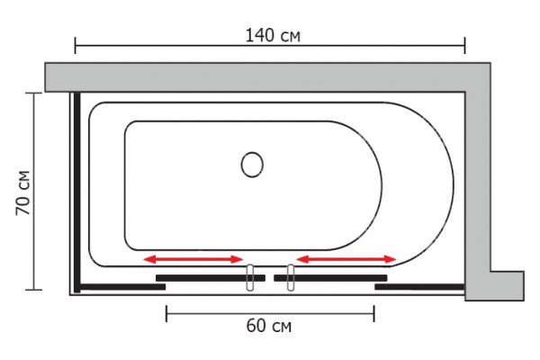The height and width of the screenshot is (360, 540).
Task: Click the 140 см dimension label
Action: [x=273, y=35]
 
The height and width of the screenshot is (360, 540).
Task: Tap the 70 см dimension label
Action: [x=23, y=193]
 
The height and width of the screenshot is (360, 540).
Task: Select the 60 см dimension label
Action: [x=268, y=326]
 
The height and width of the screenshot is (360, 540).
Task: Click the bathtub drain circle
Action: [x=252, y=165]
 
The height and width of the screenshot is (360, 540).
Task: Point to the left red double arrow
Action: [x=193, y=259]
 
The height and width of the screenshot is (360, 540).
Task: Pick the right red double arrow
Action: [x=346, y=259]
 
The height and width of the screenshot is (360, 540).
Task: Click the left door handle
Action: [x=250, y=278]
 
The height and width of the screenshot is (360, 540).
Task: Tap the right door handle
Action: [x=291, y=278]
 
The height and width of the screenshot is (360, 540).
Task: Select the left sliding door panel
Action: [x=211, y=278]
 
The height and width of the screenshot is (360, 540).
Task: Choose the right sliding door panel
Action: [x=330, y=278]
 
